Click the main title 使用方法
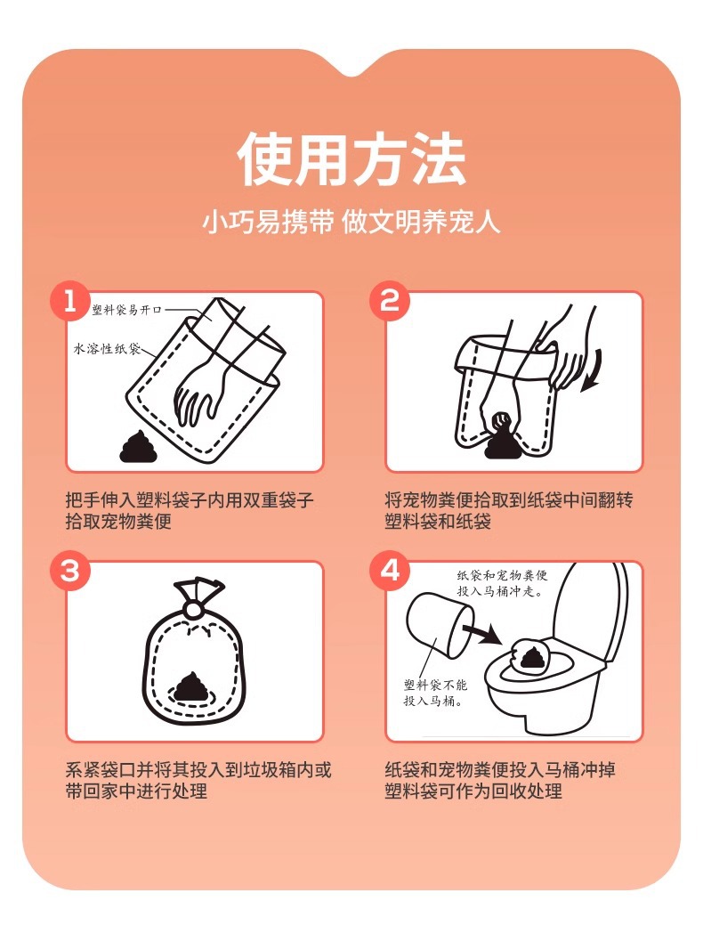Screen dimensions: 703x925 [351, 158]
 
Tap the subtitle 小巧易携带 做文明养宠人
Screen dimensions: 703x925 [351, 223]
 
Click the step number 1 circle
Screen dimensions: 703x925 [70, 302]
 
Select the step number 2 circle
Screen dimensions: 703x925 [389, 302]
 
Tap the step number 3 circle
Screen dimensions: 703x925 [70, 571]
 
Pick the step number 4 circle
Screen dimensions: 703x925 [389, 571]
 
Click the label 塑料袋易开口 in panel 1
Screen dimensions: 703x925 [126, 310]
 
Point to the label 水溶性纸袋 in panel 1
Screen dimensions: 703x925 [107, 349]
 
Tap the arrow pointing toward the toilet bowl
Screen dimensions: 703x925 [482, 634]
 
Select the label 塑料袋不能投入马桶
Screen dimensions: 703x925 [435, 693]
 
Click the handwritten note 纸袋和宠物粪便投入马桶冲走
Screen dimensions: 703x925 [502, 583]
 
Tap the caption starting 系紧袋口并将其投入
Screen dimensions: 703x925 [198, 780]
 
